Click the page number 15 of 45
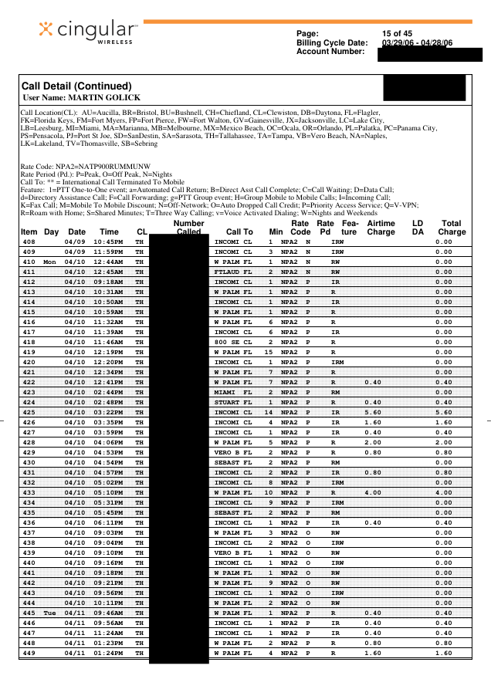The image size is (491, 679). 398,33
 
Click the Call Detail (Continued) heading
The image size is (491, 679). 76,86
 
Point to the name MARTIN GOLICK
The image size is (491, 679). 103,97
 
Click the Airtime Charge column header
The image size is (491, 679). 381,227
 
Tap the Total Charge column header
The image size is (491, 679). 452,227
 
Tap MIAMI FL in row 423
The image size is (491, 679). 232,393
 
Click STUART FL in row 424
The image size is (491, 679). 232,403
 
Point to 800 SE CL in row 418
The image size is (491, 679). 232,343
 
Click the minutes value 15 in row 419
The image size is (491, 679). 270,353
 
